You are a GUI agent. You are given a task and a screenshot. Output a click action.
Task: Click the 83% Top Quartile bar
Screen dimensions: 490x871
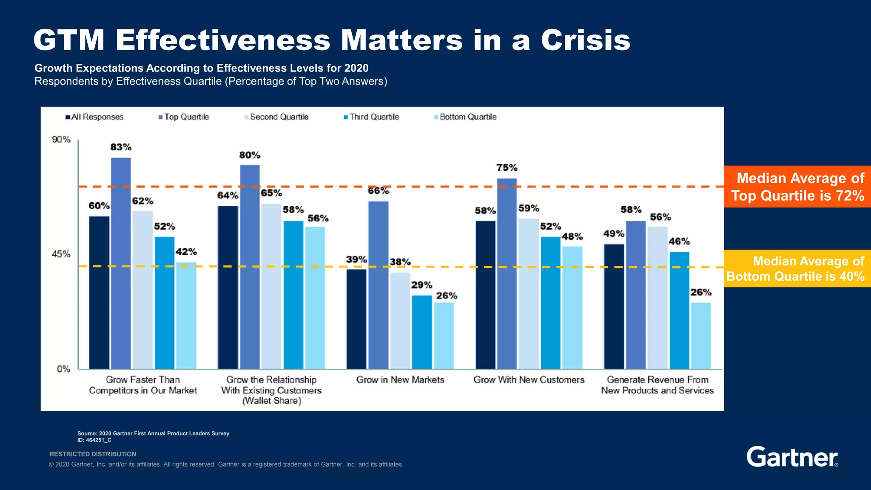click(x=121, y=263)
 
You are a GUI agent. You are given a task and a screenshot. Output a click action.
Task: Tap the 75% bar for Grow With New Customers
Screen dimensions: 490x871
click(x=507, y=273)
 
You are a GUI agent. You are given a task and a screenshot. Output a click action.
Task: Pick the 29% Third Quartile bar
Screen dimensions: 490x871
click(x=422, y=332)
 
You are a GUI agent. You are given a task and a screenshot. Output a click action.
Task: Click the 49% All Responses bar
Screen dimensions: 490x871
click(x=614, y=306)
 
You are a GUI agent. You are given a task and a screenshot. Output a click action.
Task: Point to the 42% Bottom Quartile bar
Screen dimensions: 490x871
click(x=186, y=315)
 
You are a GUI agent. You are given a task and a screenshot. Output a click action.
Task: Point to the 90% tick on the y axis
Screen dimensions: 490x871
click(x=61, y=140)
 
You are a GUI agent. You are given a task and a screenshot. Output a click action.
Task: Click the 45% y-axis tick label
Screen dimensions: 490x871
click(x=61, y=254)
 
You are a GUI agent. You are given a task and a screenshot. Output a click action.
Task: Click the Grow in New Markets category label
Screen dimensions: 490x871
click(x=400, y=380)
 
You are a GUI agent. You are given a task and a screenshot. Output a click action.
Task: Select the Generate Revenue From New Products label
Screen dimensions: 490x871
click(x=658, y=385)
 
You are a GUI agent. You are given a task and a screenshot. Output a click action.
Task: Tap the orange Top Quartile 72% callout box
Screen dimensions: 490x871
click(x=797, y=187)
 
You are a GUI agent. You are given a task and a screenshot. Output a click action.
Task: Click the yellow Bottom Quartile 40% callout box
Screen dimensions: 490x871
click(x=797, y=268)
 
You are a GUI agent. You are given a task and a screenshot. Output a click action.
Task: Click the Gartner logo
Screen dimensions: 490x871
click(x=792, y=457)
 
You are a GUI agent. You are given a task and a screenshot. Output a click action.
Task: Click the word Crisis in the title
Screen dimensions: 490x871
click(x=586, y=40)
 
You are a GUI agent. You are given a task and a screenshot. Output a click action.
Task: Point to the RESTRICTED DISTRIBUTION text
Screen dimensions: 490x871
click(x=93, y=454)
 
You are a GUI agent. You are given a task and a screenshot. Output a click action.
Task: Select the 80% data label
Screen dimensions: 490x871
click(x=250, y=155)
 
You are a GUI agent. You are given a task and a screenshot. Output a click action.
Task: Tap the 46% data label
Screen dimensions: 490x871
click(x=679, y=242)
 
